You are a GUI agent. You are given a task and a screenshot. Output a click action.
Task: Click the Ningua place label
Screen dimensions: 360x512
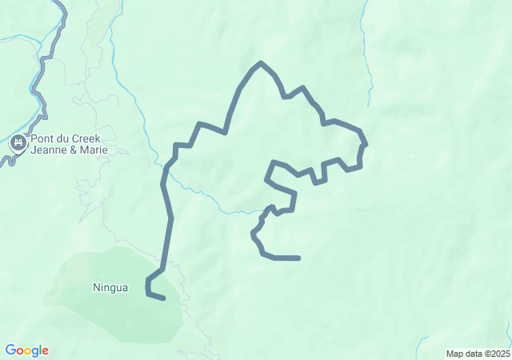point(110,287)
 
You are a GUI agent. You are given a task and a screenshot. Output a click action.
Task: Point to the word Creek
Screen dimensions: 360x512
point(87,138)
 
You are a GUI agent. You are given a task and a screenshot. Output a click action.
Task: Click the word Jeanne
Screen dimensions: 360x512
point(50,150)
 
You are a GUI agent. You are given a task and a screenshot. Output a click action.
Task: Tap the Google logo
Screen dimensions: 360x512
point(26,350)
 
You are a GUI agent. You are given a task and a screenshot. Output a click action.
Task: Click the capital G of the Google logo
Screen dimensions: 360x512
point(10,350)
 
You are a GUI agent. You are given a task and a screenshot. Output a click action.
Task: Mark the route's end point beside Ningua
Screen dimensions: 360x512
point(164,298)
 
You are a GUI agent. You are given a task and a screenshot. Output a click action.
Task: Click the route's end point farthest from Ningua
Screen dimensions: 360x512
point(298,258)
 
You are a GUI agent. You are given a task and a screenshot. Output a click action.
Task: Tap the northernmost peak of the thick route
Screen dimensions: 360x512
point(261,62)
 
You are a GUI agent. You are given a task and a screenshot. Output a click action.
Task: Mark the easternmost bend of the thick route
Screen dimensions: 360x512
point(365,145)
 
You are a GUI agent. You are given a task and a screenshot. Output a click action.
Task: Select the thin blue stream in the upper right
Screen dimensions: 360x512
point(367,56)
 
